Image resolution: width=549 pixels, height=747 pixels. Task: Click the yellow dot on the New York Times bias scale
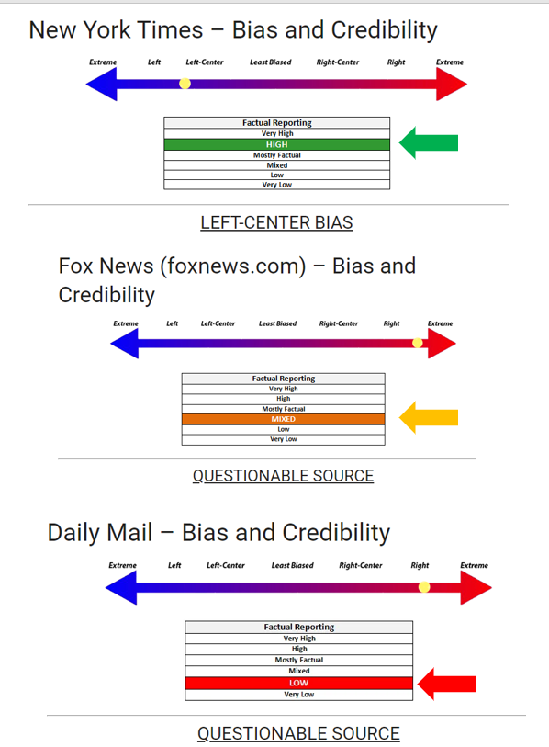[185, 84]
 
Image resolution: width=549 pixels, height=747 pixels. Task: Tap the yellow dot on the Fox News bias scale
[417, 343]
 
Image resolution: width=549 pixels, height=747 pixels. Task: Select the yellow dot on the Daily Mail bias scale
[424, 587]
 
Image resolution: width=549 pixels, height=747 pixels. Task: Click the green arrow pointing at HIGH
[429, 143]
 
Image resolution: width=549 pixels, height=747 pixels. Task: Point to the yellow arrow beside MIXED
[429, 418]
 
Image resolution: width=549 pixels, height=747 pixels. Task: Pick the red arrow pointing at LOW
[446, 684]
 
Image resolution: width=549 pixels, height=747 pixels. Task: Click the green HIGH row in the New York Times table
[276, 144]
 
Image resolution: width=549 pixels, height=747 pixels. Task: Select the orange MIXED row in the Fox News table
[284, 419]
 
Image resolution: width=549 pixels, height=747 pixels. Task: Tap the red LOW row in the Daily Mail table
[299, 683]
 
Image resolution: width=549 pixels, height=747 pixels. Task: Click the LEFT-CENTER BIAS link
[276, 222]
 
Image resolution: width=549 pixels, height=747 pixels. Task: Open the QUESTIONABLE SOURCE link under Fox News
[284, 475]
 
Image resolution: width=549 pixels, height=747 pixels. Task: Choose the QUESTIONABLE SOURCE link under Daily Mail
[298, 733]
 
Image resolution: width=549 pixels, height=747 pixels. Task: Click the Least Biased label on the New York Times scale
[271, 62]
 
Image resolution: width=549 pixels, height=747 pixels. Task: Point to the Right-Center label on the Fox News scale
[339, 323]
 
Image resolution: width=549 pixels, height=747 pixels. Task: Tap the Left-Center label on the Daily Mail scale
[226, 565]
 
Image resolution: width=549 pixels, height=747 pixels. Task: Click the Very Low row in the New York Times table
[276, 185]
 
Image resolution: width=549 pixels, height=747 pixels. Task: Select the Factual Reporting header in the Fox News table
[284, 379]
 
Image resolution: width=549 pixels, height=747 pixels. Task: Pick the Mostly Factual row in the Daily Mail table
[299, 660]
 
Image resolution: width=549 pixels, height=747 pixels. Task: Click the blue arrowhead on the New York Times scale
[101, 84]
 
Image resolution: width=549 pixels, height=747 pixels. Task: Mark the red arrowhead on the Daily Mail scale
[476, 587]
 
